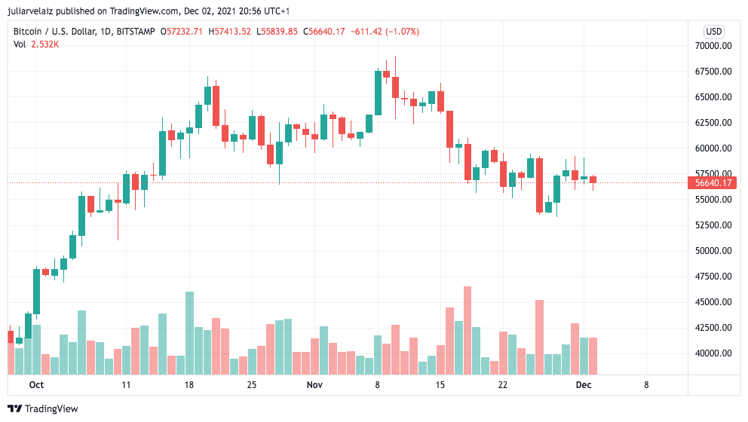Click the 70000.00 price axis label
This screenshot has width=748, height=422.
pyautogui.click(x=713, y=46)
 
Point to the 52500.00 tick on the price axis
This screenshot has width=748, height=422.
pyautogui.click(x=713, y=225)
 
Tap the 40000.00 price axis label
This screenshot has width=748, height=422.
pyautogui.click(x=713, y=353)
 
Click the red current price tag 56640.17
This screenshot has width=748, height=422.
pyautogui.click(x=713, y=183)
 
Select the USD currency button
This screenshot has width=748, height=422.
pyautogui.click(x=713, y=32)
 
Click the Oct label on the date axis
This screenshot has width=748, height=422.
pyautogui.click(x=36, y=384)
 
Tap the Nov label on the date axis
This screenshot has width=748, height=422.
pyautogui.click(x=314, y=384)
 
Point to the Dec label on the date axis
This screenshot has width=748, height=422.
pyautogui.click(x=583, y=384)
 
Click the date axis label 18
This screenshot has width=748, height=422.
pyautogui.click(x=189, y=384)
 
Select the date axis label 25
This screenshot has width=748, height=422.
pyautogui.click(x=252, y=384)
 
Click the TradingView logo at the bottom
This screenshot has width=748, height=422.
pyautogui.click(x=43, y=408)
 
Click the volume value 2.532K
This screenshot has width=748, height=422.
pyautogui.click(x=45, y=44)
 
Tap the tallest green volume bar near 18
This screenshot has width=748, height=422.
pyautogui.click(x=189, y=333)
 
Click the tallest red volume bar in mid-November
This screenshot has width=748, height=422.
pyautogui.click(x=467, y=331)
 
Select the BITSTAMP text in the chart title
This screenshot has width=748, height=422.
pyautogui.click(x=134, y=32)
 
